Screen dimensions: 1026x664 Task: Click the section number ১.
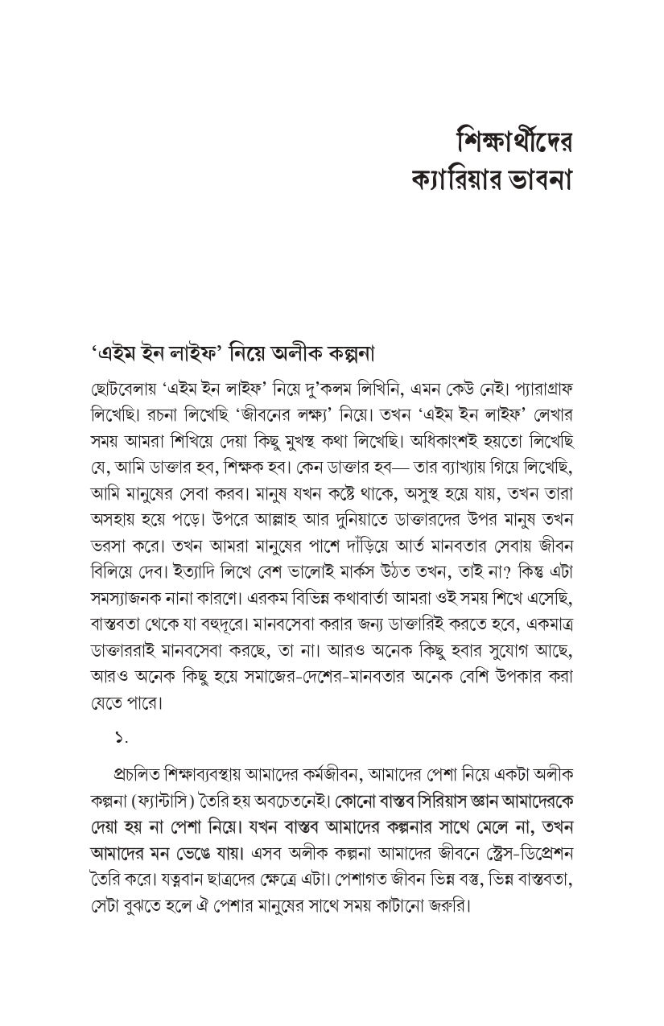[121, 739]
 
